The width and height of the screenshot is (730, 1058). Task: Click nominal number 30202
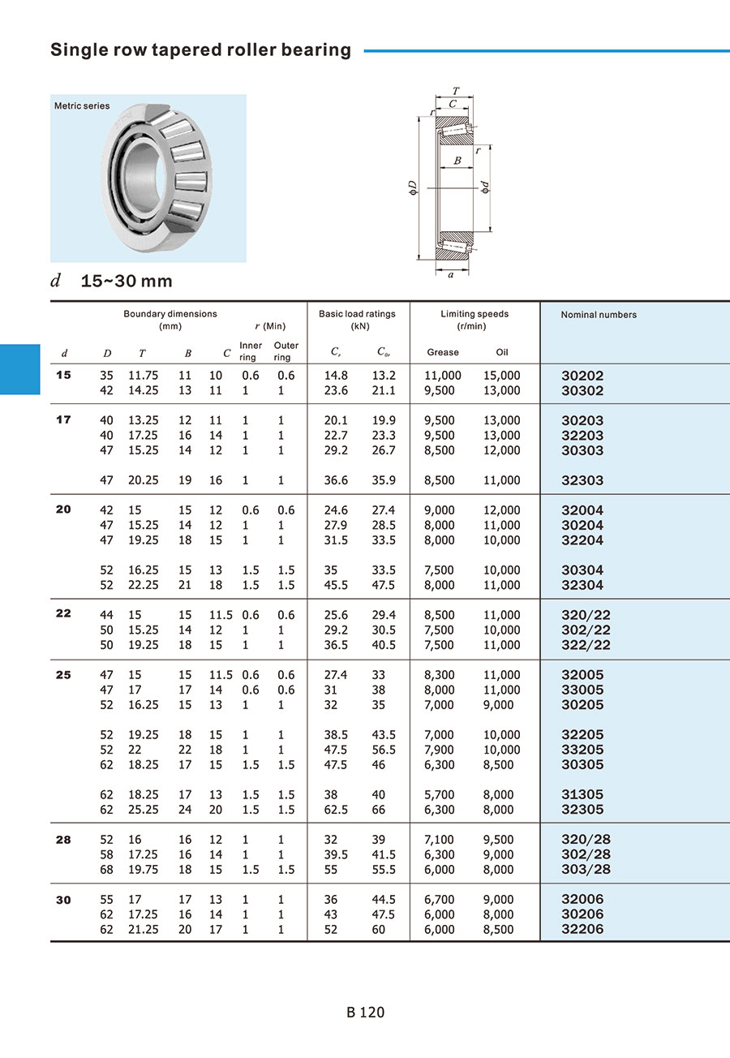[582, 376]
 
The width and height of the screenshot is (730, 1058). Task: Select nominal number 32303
[582, 480]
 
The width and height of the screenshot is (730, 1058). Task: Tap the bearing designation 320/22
[586, 615]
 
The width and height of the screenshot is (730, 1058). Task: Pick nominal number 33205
[582, 750]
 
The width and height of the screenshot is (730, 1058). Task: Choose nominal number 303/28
[586, 869]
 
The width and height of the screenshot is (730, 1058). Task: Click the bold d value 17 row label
[63, 419]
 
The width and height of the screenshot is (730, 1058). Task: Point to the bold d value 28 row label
[63, 839]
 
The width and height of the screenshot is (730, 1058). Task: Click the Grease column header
[442, 352]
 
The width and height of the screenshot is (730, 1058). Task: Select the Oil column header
[502, 352]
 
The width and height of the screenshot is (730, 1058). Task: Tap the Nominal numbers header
[599, 315]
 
